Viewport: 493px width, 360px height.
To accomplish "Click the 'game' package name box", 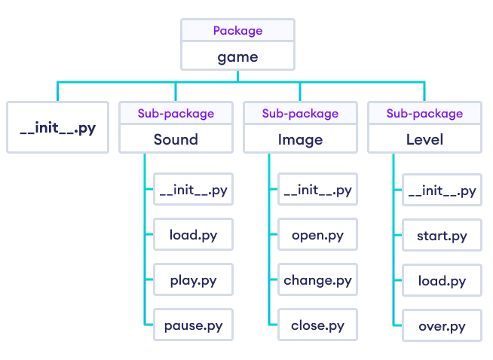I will click(x=237, y=56).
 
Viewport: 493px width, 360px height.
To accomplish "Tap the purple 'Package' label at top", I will click(x=237, y=31).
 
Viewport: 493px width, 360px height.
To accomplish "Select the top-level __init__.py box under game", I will click(x=57, y=127).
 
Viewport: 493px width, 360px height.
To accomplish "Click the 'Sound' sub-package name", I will click(x=176, y=139).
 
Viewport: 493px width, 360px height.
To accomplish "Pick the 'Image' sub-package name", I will click(x=300, y=139).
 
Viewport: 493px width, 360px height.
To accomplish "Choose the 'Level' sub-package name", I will click(x=424, y=139).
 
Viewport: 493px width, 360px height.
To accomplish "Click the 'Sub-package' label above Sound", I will click(x=176, y=114).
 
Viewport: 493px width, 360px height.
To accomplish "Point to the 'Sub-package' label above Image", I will click(x=300, y=114).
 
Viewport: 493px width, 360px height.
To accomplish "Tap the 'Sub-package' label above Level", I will click(x=424, y=114).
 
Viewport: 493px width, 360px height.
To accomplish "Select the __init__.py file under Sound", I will click(x=193, y=191).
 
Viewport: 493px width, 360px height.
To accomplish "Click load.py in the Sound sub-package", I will click(x=193, y=236).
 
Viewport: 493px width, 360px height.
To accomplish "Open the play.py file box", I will click(x=193, y=281).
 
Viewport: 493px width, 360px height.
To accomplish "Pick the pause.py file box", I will click(x=193, y=326).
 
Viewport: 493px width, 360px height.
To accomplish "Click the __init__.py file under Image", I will click(x=317, y=191).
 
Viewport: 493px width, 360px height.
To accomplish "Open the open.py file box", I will click(x=317, y=236).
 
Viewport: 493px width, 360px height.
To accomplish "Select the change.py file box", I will click(x=317, y=281).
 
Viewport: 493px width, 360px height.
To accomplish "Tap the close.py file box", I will click(x=317, y=326).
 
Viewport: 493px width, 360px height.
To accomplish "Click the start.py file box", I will click(x=442, y=236).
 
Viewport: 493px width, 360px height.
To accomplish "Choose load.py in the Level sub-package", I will click(x=442, y=282).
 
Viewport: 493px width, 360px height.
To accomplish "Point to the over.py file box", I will click(x=442, y=327).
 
